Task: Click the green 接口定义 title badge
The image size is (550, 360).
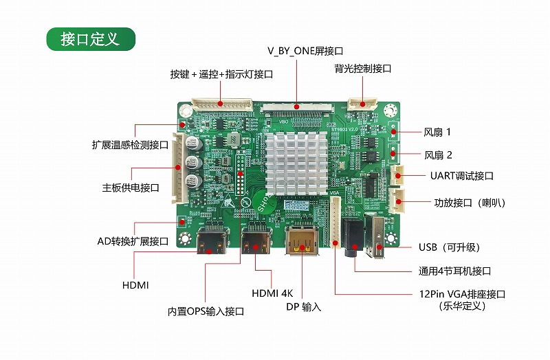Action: click(91, 39)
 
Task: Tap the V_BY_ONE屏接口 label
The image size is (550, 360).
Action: click(305, 51)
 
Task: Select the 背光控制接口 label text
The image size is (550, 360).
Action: click(363, 68)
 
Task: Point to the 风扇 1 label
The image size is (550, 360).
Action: click(437, 132)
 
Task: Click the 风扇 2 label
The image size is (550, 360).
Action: click(438, 155)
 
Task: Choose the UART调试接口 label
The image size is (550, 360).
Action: click(461, 176)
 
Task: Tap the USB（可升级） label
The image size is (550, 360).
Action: click(449, 247)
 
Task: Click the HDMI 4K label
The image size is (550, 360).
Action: click(272, 293)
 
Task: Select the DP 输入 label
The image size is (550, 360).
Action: click(303, 306)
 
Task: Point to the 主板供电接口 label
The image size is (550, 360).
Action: click(131, 188)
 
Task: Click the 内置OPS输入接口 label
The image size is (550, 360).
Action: click(206, 311)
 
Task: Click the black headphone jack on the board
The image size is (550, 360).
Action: click(353, 237)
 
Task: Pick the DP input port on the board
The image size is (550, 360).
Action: click(302, 241)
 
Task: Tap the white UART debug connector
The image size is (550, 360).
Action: click(397, 175)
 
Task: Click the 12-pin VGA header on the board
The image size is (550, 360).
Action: click(335, 222)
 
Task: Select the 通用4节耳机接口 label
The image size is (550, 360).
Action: click(454, 271)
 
